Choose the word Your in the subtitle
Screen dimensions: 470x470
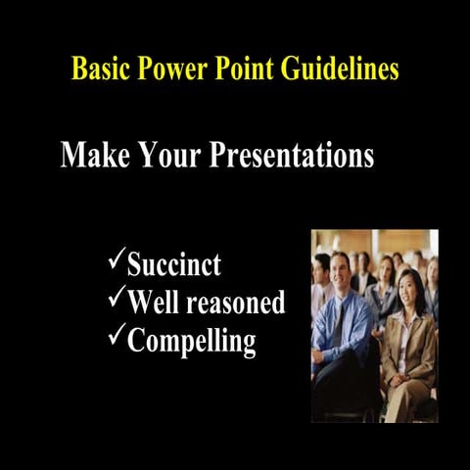click(164, 156)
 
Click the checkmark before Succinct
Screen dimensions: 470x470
click(115, 261)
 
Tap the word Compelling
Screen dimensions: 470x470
click(192, 342)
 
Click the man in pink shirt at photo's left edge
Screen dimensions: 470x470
click(318, 294)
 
